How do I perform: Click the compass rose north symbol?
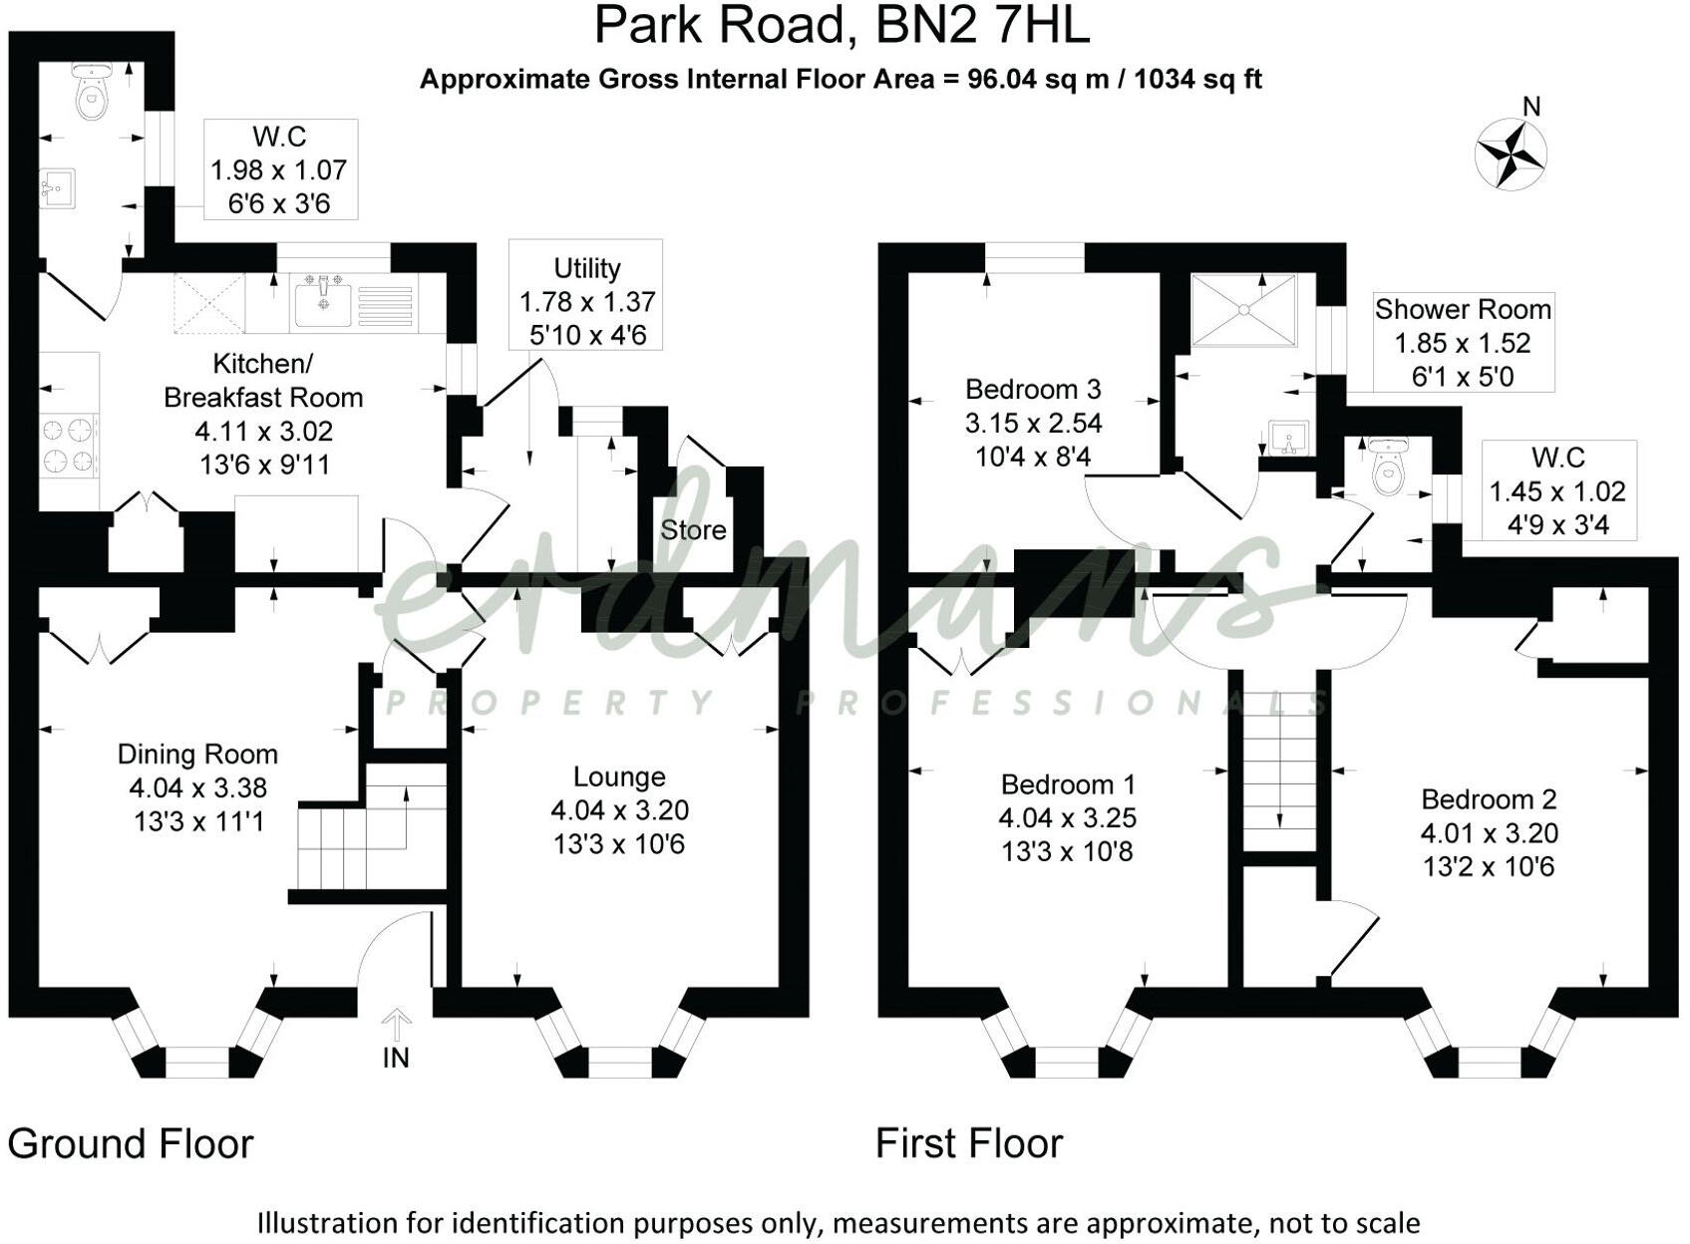[x=1511, y=154]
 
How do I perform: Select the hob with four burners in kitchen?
[x=69, y=446]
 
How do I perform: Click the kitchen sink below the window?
[x=322, y=303]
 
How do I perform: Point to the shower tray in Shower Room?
[x=1244, y=310]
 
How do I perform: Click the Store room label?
[x=693, y=530]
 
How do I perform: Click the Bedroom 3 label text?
[x=1033, y=389]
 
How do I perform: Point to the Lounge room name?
[x=618, y=777]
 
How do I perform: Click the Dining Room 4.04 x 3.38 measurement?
[x=197, y=788]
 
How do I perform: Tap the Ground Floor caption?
[x=131, y=1143]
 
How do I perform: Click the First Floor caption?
[x=969, y=1143]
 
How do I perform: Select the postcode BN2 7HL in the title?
[x=982, y=27]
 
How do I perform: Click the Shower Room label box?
[x=1463, y=342]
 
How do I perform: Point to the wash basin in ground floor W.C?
[x=57, y=187]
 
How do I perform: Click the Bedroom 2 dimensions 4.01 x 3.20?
[x=1489, y=833]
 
